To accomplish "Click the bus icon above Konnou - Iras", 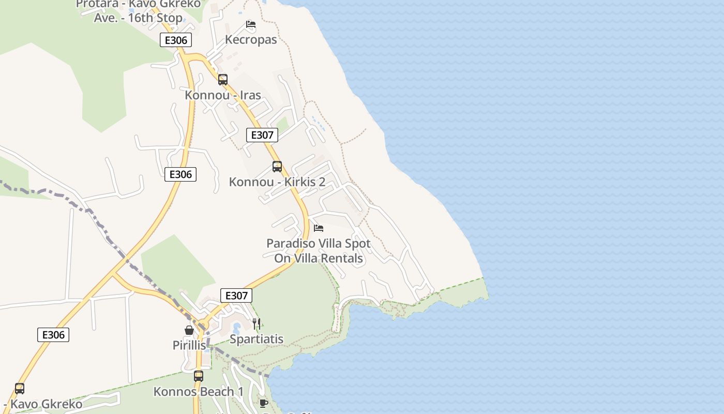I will (x=223, y=80).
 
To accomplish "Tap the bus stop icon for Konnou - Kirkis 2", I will (x=277, y=167).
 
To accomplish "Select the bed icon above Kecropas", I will (x=251, y=24).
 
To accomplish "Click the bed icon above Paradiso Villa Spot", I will (x=319, y=228).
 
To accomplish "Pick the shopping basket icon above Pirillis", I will (x=189, y=330).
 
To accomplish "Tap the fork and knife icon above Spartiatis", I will (x=257, y=324).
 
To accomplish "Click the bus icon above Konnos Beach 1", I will (x=199, y=376).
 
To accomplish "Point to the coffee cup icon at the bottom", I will (x=263, y=403).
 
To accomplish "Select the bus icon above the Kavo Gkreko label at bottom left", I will (x=20, y=388).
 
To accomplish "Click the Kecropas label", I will (x=251, y=40).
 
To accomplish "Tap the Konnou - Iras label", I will (x=223, y=95).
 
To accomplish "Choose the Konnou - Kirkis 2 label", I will (x=277, y=182).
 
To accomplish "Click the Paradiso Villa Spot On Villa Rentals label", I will (x=319, y=250).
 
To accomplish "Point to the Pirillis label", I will (x=189, y=345).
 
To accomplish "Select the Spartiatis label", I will (x=257, y=339).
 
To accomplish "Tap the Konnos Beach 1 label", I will (x=199, y=392).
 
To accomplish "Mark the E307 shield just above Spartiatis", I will (x=236, y=295).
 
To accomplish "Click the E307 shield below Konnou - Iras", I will (x=262, y=135).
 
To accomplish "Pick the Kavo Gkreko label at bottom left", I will (x=43, y=404).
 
